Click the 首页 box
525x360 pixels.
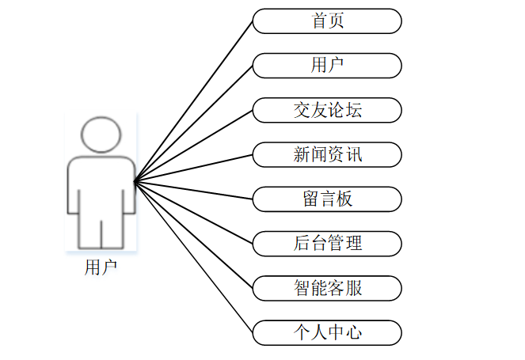tap(327, 21)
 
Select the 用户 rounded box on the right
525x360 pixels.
tap(327, 66)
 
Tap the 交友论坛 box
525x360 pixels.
tap(327, 110)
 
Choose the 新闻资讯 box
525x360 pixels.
tap(327, 154)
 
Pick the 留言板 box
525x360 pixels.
tap(327, 199)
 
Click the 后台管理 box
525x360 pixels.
tap(327, 243)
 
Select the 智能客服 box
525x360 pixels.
tap(327, 287)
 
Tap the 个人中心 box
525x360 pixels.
tap(327, 332)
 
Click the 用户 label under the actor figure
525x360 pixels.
tap(101, 267)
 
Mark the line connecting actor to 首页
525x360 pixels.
tap(194, 101)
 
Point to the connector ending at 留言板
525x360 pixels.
tap(194, 190)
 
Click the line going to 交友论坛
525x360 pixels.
tap(194, 146)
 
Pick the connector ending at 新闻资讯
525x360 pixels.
tap(194, 168)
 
